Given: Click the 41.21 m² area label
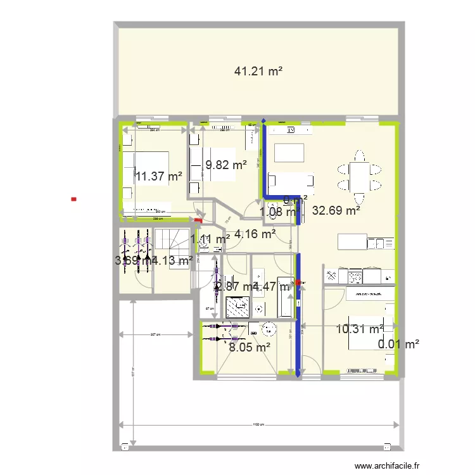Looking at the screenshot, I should (258, 72).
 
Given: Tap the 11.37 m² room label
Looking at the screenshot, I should (158, 177).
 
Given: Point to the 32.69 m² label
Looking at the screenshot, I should (336, 212).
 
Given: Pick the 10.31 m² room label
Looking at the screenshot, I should (359, 329).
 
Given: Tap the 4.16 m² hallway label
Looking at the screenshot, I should (255, 234).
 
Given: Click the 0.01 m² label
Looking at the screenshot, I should (399, 345).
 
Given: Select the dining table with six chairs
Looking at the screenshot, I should (359, 170).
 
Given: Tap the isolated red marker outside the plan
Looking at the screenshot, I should (74, 199).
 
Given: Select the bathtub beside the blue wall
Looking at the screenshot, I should (286, 298).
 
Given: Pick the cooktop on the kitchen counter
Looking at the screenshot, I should (354, 277).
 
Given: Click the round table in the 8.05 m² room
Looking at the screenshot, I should (269, 329).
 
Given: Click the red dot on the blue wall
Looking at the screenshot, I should (298, 282).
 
